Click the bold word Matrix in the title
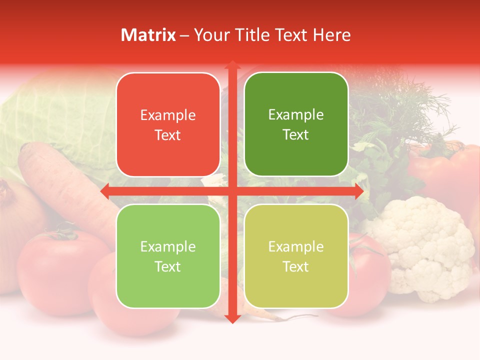(148, 35)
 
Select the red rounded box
(168, 125)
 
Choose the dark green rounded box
(296, 124)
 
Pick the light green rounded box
(168, 256)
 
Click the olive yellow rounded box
(296, 256)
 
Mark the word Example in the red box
(168, 115)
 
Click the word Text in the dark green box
(296, 135)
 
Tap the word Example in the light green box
(168, 246)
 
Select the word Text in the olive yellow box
(296, 266)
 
